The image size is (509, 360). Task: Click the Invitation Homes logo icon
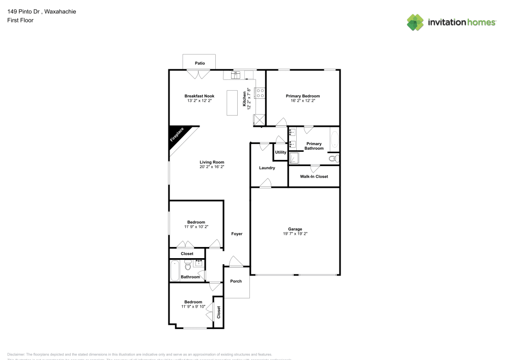[415, 22]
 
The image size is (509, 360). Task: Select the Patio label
[200, 63]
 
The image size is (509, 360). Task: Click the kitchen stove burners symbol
[260, 93]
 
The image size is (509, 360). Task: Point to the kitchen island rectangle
[233, 103]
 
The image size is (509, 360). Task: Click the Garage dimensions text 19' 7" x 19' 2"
[295, 234]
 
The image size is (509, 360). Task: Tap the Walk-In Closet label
[314, 177]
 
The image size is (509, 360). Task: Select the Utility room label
[280, 152]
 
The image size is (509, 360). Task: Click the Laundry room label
[267, 168]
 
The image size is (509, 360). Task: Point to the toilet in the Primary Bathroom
[333, 159]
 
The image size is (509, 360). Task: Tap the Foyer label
[237, 234]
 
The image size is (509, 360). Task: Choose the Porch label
[236, 281]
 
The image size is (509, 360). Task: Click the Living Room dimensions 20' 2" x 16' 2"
[212, 167]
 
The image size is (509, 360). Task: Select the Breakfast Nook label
[199, 96]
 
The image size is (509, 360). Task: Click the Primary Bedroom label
[302, 96]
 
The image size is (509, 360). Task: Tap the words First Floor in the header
[20, 20]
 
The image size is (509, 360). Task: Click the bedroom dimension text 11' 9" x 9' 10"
[193, 307]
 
